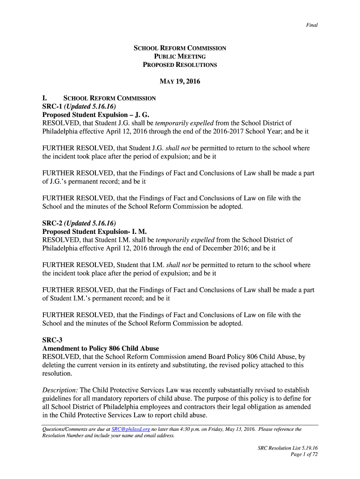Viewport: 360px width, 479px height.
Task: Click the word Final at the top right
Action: (x=312, y=25)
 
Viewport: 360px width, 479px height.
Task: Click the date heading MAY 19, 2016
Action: (x=180, y=82)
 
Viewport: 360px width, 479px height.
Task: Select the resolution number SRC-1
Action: (x=53, y=107)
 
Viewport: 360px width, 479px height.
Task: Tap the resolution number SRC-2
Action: (x=53, y=223)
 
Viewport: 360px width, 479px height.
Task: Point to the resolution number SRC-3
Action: (x=53, y=340)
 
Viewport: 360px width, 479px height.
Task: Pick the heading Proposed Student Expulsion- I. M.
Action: (x=94, y=231)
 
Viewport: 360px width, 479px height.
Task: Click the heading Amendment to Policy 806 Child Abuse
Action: (x=101, y=348)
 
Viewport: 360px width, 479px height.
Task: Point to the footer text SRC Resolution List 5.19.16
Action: (x=288, y=448)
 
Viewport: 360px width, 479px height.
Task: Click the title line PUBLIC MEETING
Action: (x=180, y=57)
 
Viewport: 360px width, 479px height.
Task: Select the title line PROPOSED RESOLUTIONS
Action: (x=180, y=65)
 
